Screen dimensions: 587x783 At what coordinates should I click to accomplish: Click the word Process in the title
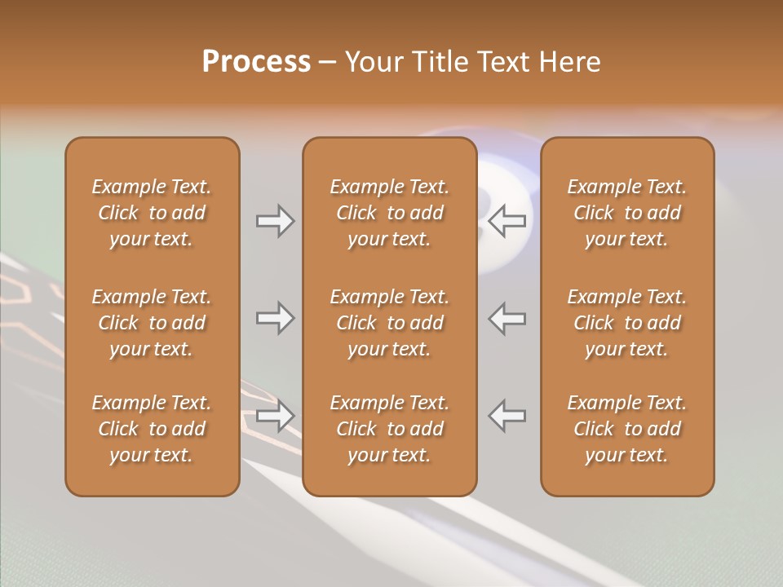(256, 62)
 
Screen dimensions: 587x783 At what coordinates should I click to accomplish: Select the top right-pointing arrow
(276, 221)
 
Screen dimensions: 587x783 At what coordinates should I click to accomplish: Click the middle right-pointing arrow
(276, 318)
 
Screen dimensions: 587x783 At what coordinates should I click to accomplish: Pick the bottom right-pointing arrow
(276, 416)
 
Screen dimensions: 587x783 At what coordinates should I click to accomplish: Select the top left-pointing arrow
(507, 221)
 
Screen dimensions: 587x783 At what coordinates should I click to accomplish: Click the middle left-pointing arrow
(507, 318)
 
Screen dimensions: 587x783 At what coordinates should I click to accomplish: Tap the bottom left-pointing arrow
(507, 416)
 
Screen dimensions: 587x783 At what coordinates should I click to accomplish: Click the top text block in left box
(152, 213)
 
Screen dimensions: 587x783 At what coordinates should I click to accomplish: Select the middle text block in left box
(152, 323)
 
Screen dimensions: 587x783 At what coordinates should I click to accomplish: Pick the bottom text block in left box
(152, 429)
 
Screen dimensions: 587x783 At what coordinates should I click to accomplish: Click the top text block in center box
(389, 213)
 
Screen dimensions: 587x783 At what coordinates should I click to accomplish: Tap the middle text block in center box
(389, 323)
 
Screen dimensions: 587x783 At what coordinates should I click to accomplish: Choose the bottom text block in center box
(389, 429)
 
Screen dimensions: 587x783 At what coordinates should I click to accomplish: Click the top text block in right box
(626, 213)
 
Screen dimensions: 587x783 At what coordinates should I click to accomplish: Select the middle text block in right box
(626, 323)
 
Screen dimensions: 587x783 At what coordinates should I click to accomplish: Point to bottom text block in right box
(626, 429)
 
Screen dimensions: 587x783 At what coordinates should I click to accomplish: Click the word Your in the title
(376, 62)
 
